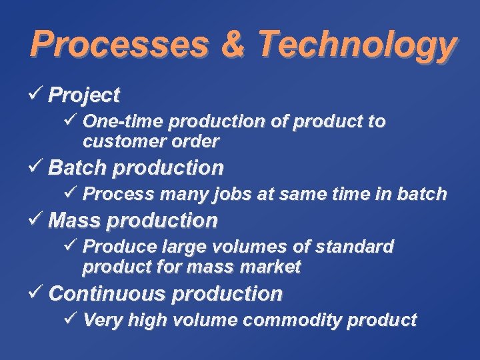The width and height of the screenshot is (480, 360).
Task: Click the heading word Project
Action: [x=84, y=95]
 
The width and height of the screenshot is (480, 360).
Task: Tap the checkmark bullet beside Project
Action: [x=38, y=94]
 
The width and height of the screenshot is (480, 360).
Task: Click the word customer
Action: [x=116, y=141]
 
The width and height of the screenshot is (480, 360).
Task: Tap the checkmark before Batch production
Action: [x=38, y=166]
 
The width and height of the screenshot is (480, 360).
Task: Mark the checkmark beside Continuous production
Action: [x=38, y=292]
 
